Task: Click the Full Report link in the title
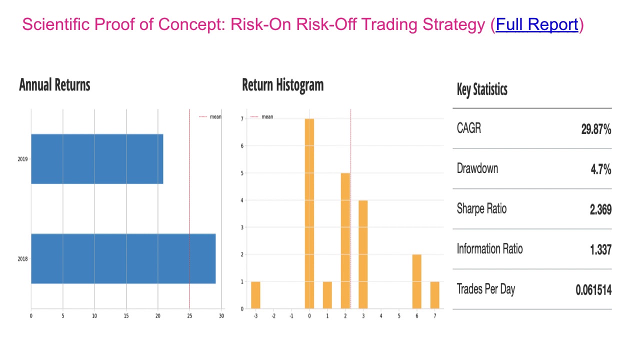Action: coord(537,24)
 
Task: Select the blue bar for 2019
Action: coord(97,159)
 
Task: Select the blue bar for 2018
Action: coord(123,258)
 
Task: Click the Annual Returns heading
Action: coord(54,85)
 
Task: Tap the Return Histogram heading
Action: coord(282,85)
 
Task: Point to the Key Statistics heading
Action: coord(482,90)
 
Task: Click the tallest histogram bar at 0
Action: coord(309,213)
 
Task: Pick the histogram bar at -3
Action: coord(255,295)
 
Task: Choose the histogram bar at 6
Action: coord(416,281)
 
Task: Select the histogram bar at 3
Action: coord(363,254)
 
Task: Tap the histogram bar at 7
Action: coord(434,295)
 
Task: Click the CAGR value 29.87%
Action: coord(596,129)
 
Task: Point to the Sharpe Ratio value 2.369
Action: coord(600,209)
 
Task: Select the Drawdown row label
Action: coord(477,168)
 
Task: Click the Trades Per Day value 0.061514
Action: coord(593,289)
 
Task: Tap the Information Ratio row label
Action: coord(489,248)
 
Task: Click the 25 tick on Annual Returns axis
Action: coord(189,316)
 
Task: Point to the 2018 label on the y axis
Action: coord(22,259)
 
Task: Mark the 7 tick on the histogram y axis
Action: coord(242,119)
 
